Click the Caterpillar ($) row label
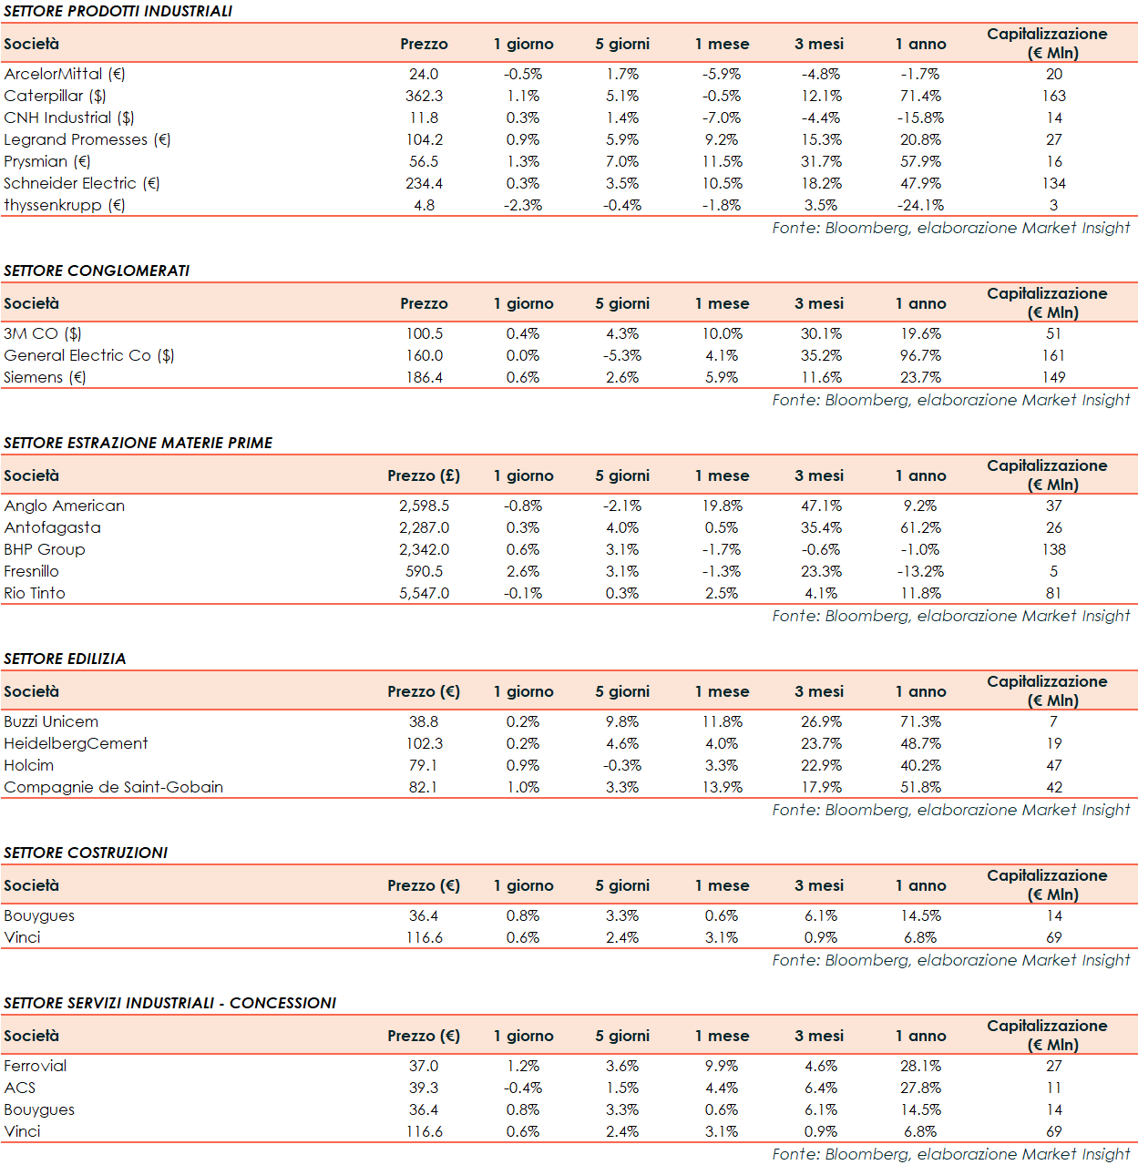tap(55, 96)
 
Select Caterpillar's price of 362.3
tap(424, 96)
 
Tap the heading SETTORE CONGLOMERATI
tap(97, 271)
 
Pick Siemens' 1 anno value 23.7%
tap(920, 377)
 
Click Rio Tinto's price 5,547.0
tap(424, 593)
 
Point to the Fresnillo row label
tap(31, 571)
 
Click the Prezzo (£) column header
tap(424, 475)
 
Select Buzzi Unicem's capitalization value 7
tap(1053, 721)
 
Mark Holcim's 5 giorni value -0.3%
tap(622, 765)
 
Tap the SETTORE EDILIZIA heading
tap(65, 659)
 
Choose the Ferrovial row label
tap(36, 1066)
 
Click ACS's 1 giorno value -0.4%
tap(523, 1088)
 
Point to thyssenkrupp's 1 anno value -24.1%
tap(920, 205)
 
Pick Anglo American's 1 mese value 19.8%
tap(722, 506)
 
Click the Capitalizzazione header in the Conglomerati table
tap(1047, 302)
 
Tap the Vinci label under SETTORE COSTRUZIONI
tap(22, 937)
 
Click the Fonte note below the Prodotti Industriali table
tap(950, 228)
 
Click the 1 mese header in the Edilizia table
tap(722, 691)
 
